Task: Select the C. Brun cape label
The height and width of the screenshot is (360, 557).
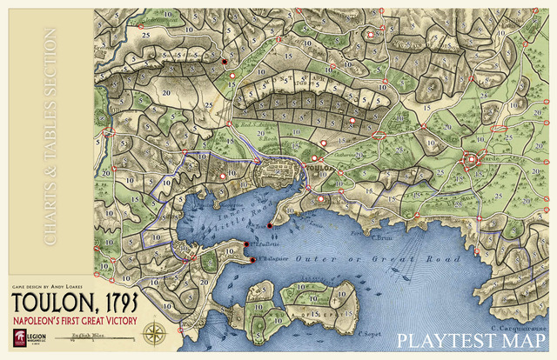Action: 383,236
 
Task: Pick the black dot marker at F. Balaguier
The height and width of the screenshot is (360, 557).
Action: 252,260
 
